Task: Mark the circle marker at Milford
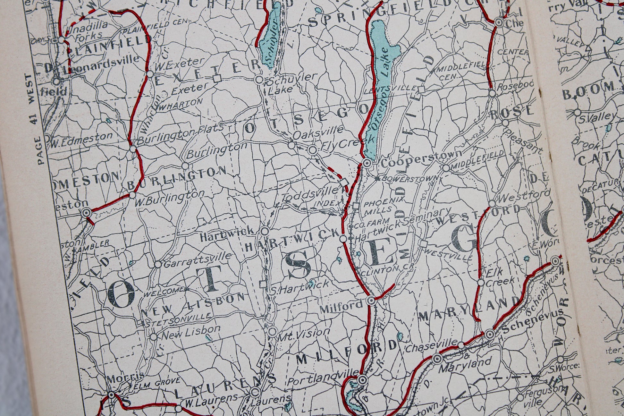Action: [x=371, y=301]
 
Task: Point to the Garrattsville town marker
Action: [x=158, y=264]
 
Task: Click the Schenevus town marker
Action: [x=490, y=334]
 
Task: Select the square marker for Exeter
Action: [x=218, y=78]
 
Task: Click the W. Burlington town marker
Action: [x=132, y=195]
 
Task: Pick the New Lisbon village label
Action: [x=191, y=333]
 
